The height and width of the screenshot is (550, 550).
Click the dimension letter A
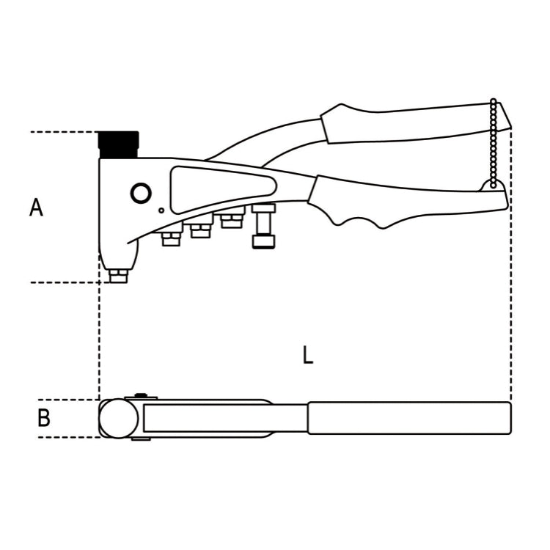click(x=36, y=208)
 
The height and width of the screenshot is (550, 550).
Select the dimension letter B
click(x=44, y=419)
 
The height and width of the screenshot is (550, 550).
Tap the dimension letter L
click(x=308, y=356)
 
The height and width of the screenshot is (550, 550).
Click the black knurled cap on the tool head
click(x=119, y=144)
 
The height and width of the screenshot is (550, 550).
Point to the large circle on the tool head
click(x=140, y=194)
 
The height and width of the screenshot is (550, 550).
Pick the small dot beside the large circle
click(x=161, y=210)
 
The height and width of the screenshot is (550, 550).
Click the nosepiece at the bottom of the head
click(x=118, y=275)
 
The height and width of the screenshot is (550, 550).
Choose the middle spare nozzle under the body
click(x=200, y=230)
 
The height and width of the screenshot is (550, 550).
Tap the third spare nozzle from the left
click(x=232, y=219)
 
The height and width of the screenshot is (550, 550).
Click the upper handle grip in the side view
click(x=411, y=122)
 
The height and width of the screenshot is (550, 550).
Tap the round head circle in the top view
click(x=119, y=419)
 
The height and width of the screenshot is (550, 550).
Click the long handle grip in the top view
click(x=408, y=418)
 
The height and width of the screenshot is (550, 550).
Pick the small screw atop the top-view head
click(x=141, y=397)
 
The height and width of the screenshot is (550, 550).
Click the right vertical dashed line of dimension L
click(x=511, y=293)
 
